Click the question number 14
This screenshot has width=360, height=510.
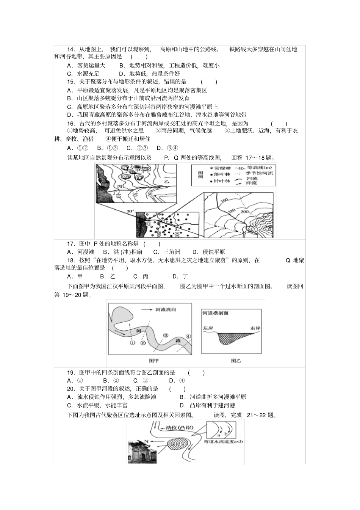[x=71, y=49]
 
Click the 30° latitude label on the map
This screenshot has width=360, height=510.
[x=130, y=211]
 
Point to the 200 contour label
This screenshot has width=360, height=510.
[x=244, y=211]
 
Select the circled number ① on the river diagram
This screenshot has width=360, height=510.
[x=132, y=343]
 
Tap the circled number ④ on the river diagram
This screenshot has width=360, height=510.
[x=188, y=336]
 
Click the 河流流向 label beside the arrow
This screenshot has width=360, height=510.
[x=166, y=310]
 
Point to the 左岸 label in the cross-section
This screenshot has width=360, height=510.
[x=208, y=328]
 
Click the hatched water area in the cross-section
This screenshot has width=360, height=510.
[x=229, y=337]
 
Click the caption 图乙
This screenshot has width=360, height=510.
[x=236, y=361]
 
